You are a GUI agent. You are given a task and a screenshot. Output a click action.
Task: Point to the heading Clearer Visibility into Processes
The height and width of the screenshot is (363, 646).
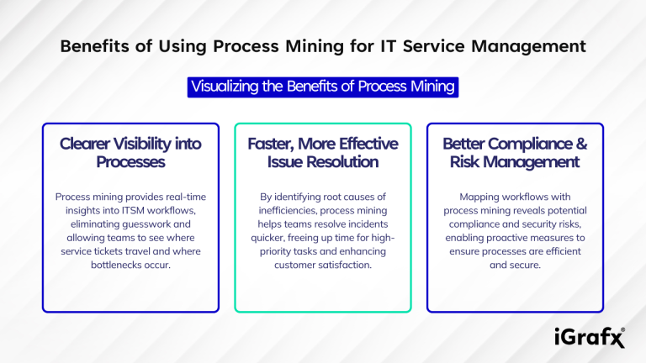point(130,152)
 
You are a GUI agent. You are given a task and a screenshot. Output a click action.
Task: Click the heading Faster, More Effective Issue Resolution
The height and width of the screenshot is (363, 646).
point(322,152)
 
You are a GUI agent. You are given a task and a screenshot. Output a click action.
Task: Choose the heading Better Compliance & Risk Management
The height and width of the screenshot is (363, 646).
point(514,152)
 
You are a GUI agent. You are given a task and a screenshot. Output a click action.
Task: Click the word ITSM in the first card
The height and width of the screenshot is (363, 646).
point(129,211)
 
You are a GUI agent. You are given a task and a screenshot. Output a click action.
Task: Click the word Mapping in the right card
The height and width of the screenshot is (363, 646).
point(469,197)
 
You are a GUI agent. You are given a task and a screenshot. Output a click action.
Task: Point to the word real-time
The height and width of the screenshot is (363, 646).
point(181,197)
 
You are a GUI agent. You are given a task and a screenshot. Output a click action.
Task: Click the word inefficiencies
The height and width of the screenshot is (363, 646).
point(292,211)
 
